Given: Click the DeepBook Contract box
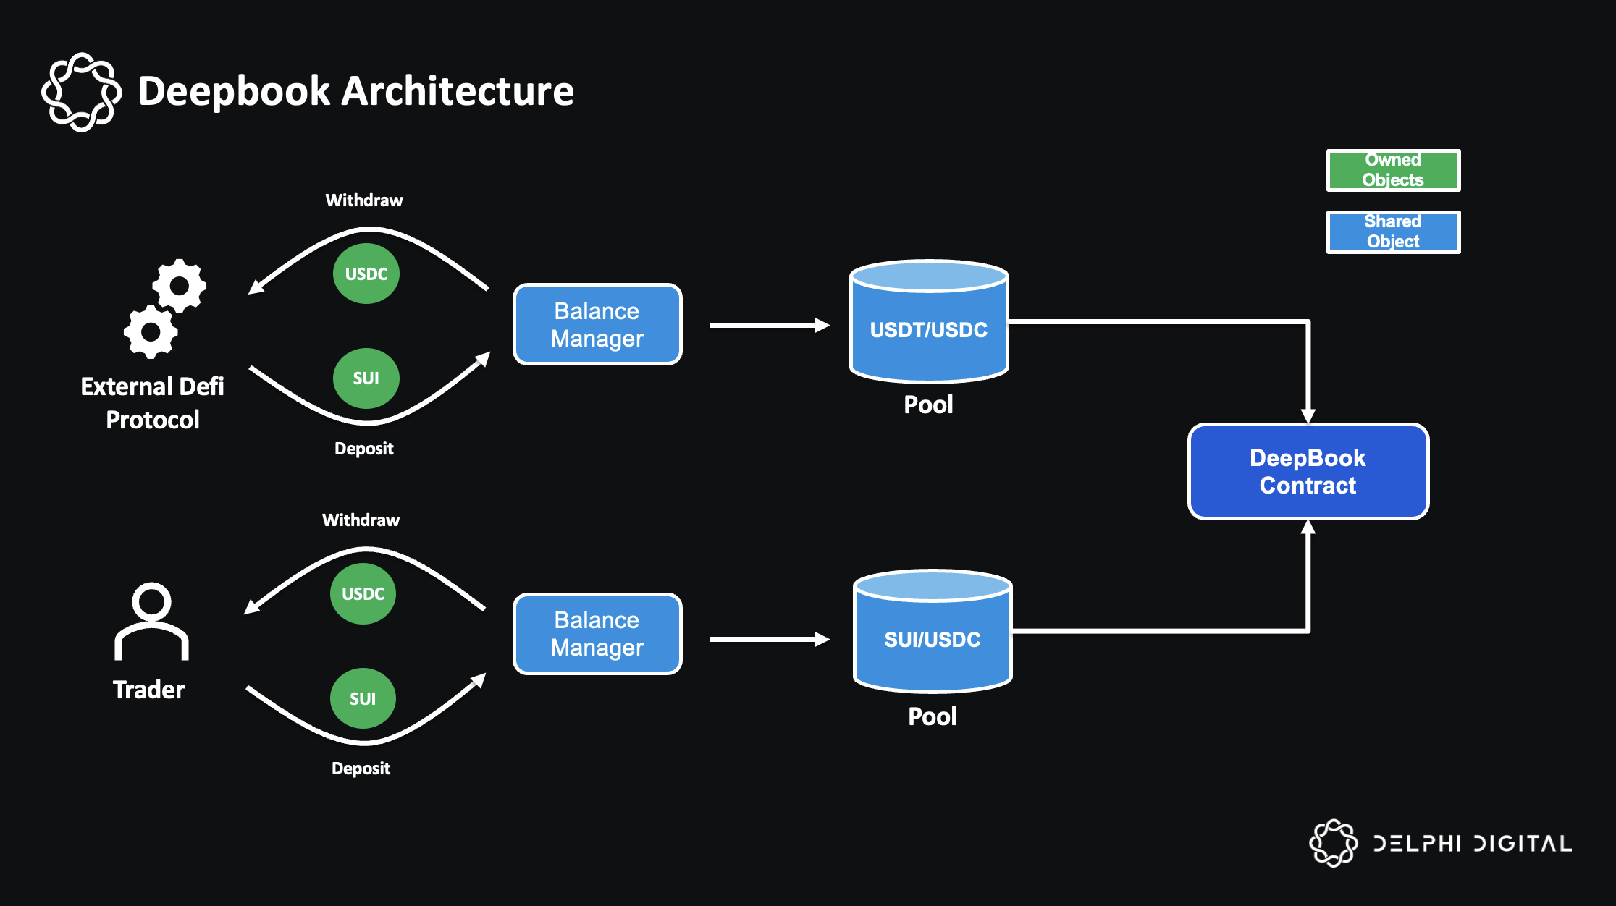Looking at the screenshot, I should [1308, 472].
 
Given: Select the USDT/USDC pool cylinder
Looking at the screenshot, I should [928, 329].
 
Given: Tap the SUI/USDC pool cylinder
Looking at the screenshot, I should [933, 638].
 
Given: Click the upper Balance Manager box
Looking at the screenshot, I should [597, 324].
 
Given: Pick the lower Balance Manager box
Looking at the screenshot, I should [597, 634].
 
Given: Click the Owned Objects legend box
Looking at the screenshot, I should [1392, 170].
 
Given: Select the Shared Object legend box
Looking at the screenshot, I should [1392, 232].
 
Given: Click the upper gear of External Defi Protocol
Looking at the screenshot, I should [179, 285].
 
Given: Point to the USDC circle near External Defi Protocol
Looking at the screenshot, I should [366, 274].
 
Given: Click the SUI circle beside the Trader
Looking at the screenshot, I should [363, 698].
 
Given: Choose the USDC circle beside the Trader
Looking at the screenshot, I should [363, 593].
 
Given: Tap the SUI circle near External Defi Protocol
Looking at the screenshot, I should [366, 378].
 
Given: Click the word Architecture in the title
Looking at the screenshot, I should [458, 91].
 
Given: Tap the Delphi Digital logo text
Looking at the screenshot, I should [1473, 844].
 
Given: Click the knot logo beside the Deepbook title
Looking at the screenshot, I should [81, 92].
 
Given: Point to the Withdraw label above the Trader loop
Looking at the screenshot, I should [361, 520].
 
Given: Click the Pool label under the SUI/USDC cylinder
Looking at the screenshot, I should [932, 716].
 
